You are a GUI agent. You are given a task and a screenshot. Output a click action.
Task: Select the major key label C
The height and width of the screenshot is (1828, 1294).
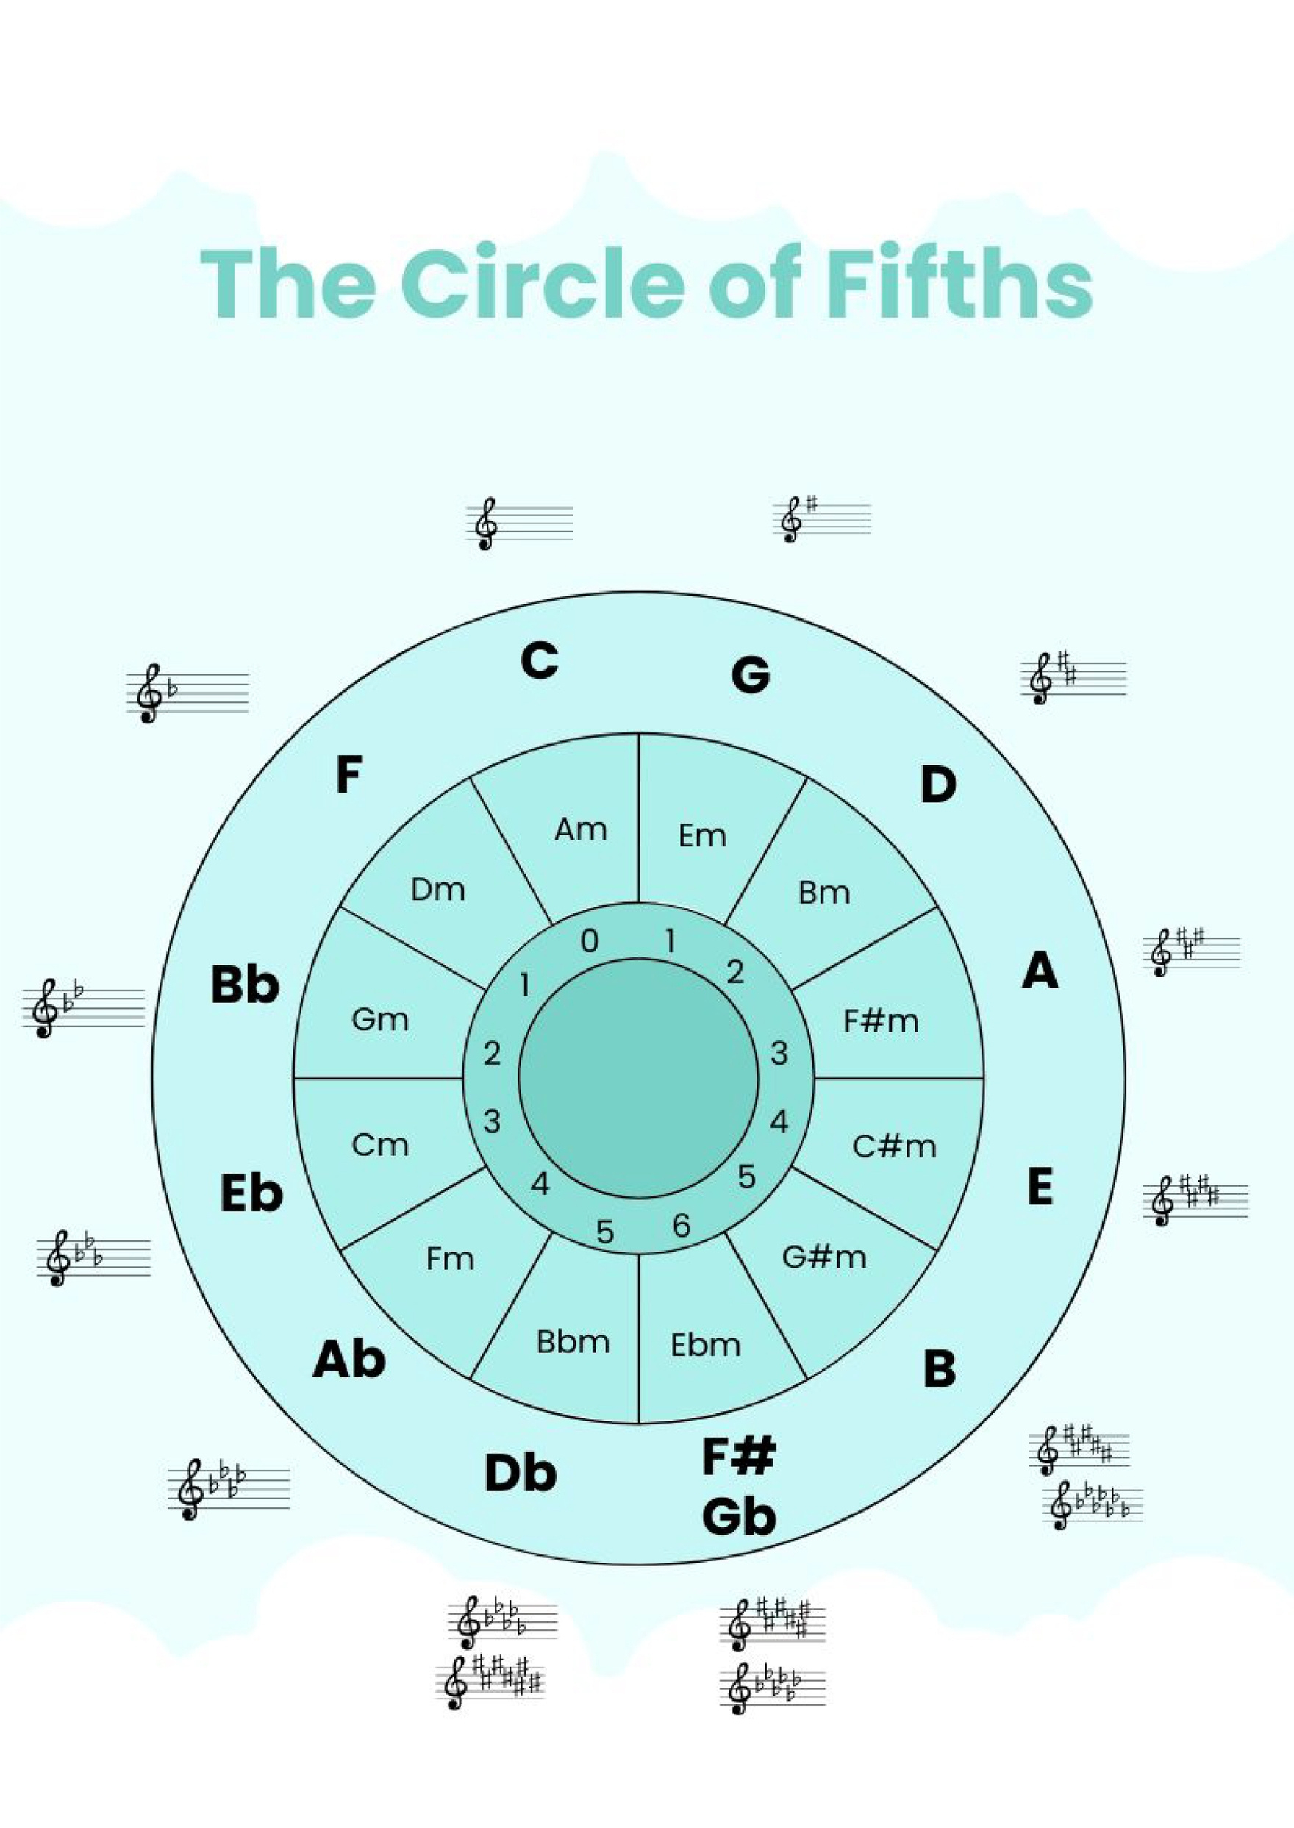(539, 660)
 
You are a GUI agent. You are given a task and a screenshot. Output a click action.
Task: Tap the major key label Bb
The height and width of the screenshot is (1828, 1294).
(245, 984)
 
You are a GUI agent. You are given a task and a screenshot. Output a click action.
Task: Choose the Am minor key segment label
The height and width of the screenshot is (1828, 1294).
(580, 829)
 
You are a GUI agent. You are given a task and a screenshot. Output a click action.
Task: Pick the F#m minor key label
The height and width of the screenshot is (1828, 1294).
(881, 1021)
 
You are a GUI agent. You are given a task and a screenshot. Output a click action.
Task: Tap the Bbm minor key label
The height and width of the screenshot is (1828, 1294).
(573, 1342)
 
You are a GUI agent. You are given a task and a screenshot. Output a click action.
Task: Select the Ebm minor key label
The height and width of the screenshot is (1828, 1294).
(705, 1345)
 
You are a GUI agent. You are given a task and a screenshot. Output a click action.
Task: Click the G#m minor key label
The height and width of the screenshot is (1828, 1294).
(824, 1257)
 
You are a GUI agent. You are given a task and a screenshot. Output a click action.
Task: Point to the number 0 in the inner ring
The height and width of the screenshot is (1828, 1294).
(589, 941)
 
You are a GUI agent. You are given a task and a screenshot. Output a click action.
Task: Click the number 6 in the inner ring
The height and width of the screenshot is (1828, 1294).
(682, 1226)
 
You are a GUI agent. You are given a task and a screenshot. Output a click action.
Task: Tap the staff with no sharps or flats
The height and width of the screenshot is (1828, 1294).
(520, 523)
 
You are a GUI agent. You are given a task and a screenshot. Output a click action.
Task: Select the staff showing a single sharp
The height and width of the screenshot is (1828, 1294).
(822, 518)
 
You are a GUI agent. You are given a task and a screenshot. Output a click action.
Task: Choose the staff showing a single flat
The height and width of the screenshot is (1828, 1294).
(187, 693)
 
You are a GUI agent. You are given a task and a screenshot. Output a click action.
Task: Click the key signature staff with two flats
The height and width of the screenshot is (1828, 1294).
(83, 1007)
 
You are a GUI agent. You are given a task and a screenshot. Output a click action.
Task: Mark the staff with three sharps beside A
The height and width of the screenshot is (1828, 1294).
(1191, 951)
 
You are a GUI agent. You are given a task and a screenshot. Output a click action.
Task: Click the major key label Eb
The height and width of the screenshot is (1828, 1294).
(251, 1193)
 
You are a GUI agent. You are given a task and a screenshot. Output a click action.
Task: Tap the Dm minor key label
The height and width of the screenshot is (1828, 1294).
(437, 889)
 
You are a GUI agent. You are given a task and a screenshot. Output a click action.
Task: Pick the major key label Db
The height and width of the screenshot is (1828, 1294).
(520, 1473)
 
